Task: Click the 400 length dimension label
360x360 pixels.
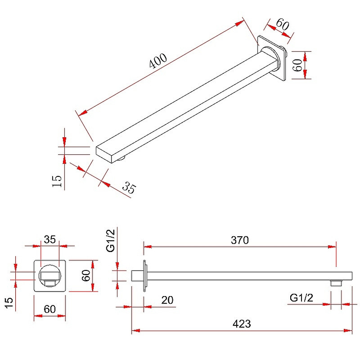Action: pyautogui.click(x=158, y=60)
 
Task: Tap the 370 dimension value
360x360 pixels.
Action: pyautogui.click(x=240, y=240)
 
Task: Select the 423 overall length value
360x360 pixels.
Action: pyautogui.click(x=242, y=324)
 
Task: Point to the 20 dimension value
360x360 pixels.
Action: pyautogui.click(x=167, y=300)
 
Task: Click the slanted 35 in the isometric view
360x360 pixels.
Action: pyautogui.click(x=129, y=189)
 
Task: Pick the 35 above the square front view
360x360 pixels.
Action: pyautogui.click(x=50, y=239)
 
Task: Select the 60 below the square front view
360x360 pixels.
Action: pyautogui.click(x=49, y=309)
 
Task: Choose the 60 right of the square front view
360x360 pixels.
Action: pyautogui.click(x=86, y=275)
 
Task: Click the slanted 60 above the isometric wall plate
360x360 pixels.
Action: pyautogui.click(x=282, y=25)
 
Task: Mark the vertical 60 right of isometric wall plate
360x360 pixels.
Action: pyautogui.click(x=297, y=65)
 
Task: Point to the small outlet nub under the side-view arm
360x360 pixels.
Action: pyautogui.click(x=336, y=283)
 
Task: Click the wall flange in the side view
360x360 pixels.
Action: pyautogui.click(x=144, y=276)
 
